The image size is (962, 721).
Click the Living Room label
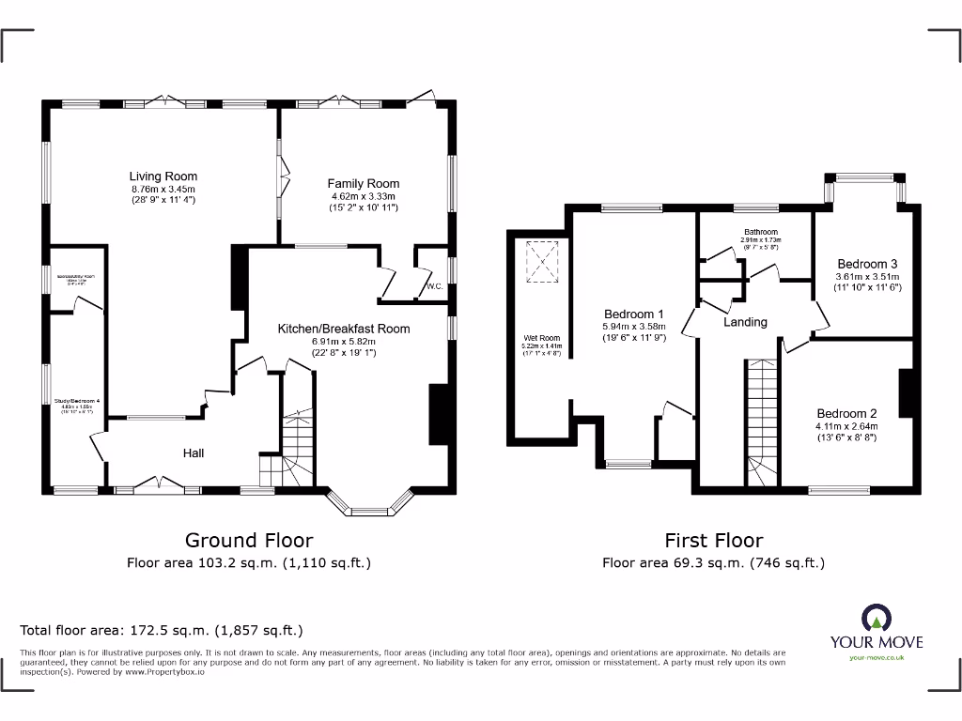(x=163, y=176)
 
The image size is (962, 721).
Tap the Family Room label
(x=363, y=183)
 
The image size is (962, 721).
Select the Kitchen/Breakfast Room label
(x=343, y=329)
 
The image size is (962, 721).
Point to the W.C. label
(x=434, y=286)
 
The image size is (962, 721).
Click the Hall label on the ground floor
(x=194, y=453)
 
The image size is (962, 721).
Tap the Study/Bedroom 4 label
(x=79, y=401)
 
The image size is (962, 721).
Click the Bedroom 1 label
(x=633, y=314)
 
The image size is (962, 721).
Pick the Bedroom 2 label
(x=846, y=413)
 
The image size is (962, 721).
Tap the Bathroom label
(x=761, y=232)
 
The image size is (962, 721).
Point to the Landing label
(x=745, y=322)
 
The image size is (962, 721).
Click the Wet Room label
(x=542, y=338)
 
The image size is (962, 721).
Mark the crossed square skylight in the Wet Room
(x=542, y=262)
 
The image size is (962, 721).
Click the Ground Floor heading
(x=248, y=540)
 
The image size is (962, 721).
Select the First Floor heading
(x=713, y=540)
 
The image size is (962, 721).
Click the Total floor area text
(x=162, y=630)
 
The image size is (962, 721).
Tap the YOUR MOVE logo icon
(x=876, y=618)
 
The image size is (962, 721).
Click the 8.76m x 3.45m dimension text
(x=163, y=189)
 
